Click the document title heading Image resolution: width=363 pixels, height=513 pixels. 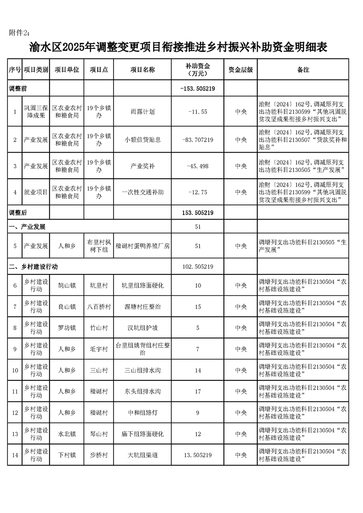pos(181,47)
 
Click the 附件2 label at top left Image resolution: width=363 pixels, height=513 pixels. pos(21,32)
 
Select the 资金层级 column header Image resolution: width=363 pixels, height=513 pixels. pos(241,70)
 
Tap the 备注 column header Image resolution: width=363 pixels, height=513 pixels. pos(303,70)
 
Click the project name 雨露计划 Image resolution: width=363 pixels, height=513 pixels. pos(142,112)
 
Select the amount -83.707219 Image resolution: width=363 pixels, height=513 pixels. pos(198,139)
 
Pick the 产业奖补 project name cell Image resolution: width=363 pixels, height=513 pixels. pos(142,166)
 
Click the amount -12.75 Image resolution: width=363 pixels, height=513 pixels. pos(198,192)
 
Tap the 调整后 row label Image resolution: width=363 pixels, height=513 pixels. pos(19,213)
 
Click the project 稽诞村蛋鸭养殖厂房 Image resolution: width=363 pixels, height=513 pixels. pos(142,246)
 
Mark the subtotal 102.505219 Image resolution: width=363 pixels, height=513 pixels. pos(198,266)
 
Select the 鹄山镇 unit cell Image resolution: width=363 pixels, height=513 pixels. pos(67,286)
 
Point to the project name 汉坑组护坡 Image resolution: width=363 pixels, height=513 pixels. pos(142,328)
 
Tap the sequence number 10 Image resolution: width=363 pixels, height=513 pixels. pos(15,370)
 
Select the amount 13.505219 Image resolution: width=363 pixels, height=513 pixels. pos(198,455)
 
